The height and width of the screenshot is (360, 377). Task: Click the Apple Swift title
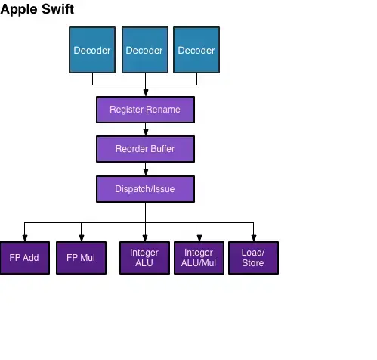pos(37,10)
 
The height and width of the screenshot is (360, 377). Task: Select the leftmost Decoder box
pos(92,50)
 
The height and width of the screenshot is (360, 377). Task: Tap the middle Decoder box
pos(144,50)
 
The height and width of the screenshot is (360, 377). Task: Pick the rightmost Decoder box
pos(196,50)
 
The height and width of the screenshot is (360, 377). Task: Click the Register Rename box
pos(145,110)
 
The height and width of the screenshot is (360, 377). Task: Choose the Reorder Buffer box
pos(145,149)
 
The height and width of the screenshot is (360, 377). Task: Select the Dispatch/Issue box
pos(145,189)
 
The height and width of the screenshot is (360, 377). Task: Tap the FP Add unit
pos(24,258)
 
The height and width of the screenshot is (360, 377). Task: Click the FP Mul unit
pos(81,258)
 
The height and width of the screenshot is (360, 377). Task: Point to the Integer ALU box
pos(144,258)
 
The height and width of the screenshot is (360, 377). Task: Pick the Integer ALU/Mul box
pos(199,258)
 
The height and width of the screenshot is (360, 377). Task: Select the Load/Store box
pos(253,258)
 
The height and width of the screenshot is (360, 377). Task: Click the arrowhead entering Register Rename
pos(145,92)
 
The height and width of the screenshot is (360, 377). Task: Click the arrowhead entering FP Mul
pos(80,237)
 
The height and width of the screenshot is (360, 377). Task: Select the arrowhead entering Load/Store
pos(253,237)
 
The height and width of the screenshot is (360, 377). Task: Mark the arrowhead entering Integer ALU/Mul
pos(199,237)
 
